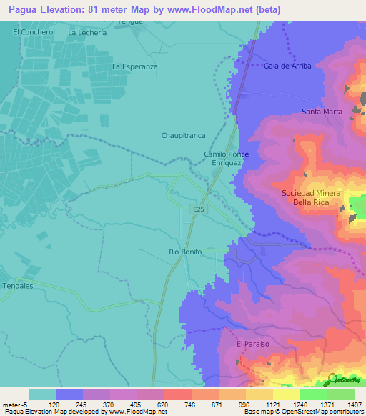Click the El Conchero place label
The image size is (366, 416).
click(33, 33)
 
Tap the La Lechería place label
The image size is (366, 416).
click(86, 33)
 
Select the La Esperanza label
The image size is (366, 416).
click(134, 66)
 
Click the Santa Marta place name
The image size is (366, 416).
click(322, 112)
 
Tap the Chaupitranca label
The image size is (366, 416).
click(183, 134)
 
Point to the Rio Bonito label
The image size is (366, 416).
click(186, 252)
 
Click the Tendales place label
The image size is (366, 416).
click(18, 286)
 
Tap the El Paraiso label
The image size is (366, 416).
click(252, 344)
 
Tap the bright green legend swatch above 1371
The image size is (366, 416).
click(313, 394)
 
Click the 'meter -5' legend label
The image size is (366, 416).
click(14, 404)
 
